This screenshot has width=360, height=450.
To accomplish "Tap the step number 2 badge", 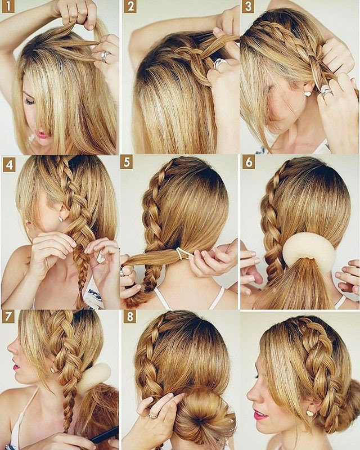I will coord(130,7).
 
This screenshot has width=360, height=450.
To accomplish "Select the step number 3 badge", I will coord(247,7).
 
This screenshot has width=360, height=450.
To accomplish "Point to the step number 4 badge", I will coord(8,166).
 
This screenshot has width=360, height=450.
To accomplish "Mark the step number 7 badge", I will coord(8,316).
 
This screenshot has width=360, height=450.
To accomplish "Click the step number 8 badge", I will coord(130,316).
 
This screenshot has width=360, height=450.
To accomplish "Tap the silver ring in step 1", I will coord(104,56).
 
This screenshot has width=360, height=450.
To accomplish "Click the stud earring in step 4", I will coord(60,218).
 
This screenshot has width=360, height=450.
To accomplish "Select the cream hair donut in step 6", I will coord(308,253).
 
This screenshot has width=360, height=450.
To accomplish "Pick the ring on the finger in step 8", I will coord(152,416).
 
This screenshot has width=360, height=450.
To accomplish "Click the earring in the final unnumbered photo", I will coord(309,413).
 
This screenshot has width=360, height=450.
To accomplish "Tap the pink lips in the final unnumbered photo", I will coord(260,415).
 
